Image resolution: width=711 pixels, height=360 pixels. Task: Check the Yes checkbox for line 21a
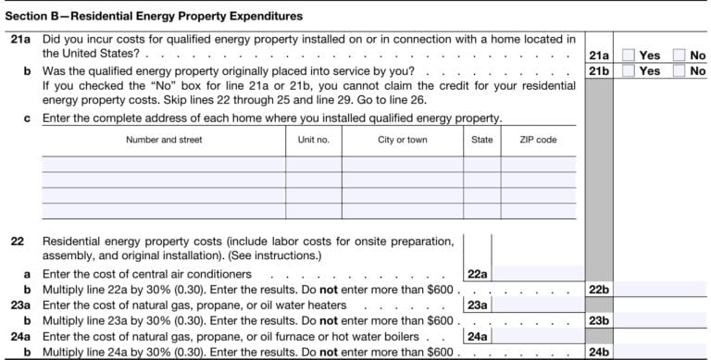pyautogui.click(x=629, y=56)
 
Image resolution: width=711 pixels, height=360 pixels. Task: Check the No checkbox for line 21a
pyautogui.click(x=680, y=56)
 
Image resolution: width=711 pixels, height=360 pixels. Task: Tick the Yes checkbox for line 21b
pyautogui.click(x=629, y=70)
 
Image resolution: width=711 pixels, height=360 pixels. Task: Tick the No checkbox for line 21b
pyautogui.click(x=680, y=70)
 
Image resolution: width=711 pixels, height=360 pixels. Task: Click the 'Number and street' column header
pyautogui.click(x=164, y=140)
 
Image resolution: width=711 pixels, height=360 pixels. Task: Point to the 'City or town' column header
pyautogui.click(x=403, y=140)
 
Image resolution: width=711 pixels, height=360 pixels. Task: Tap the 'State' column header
pyautogui.click(x=481, y=140)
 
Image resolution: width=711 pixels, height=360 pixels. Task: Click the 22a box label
pyautogui.click(x=477, y=274)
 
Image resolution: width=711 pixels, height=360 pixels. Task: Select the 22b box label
pyautogui.click(x=598, y=289)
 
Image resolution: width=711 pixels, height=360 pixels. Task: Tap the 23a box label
pyautogui.click(x=477, y=304)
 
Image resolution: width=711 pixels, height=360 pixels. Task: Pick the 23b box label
pyautogui.click(x=598, y=320)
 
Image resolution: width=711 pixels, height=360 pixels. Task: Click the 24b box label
pyautogui.click(x=598, y=352)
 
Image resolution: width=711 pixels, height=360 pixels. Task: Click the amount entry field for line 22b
pyautogui.click(x=661, y=289)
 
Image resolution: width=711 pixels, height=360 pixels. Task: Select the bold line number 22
pyautogui.click(x=17, y=242)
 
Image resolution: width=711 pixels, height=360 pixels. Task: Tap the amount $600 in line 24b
pyautogui.click(x=440, y=353)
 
